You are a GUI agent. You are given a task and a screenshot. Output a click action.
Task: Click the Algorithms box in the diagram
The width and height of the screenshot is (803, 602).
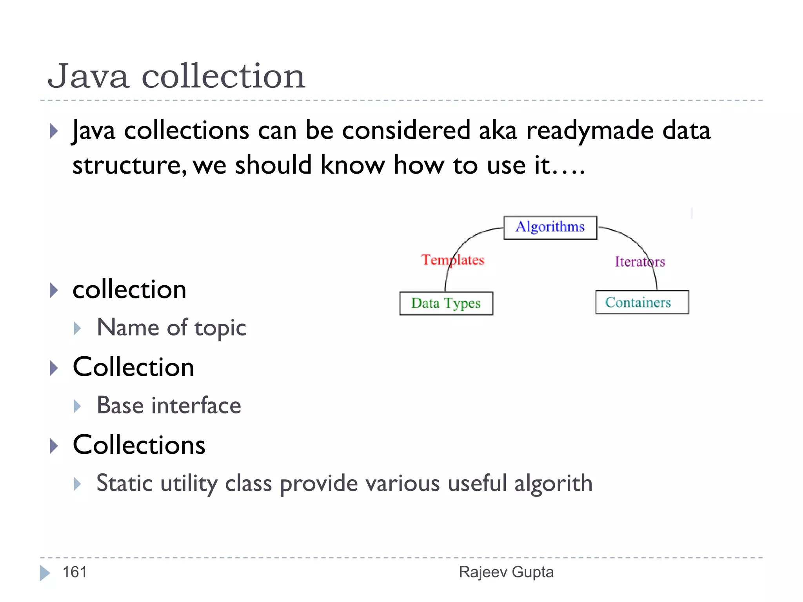[x=550, y=227]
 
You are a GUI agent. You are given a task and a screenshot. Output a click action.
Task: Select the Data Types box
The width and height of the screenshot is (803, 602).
[x=446, y=303]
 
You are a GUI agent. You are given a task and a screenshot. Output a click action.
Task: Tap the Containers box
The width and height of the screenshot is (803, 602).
[x=642, y=302]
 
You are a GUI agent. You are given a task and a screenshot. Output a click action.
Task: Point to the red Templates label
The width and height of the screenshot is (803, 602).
[x=452, y=260]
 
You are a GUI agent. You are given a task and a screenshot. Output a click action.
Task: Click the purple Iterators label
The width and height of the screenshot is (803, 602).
[x=639, y=261]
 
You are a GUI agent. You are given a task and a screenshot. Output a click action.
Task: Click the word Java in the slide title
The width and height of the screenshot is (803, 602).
[x=88, y=76]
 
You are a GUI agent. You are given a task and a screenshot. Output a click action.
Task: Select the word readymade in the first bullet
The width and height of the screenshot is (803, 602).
[x=590, y=131]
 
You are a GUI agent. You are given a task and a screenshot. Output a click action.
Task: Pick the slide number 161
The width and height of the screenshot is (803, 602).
[x=74, y=572]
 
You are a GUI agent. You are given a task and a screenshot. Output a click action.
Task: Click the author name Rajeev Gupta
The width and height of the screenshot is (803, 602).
[x=506, y=572]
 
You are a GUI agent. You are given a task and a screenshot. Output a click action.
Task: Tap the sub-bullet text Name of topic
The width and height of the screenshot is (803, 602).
[x=171, y=328]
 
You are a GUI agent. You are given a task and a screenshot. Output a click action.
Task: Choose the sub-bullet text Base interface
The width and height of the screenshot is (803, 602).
[x=169, y=406]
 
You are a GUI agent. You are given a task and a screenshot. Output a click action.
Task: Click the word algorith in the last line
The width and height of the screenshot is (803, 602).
[x=553, y=483]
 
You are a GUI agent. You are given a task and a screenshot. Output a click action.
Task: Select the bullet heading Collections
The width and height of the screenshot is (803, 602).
[x=139, y=445]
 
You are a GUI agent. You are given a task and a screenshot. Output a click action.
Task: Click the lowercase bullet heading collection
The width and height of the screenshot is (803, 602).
[x=129, y=290]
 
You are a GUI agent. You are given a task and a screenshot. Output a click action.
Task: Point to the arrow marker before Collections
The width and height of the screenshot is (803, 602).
[x=54, y=446]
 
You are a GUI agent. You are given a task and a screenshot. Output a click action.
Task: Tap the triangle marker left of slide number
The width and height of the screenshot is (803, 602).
[x=45, y=573]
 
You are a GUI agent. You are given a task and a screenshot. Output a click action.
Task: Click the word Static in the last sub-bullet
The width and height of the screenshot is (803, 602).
[x=124, y=483]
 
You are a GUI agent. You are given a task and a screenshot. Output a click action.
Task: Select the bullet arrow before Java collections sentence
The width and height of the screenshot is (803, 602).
[x=54, y=131]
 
